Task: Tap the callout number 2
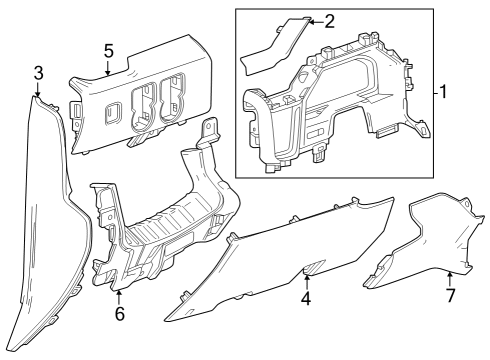tap(330, 20)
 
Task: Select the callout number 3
tap(38, 72)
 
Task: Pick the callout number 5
tap(108, 49)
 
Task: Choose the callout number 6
tap(119, 313)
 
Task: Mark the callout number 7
tap(450, 297)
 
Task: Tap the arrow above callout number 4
tap(306, 278)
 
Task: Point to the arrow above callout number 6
tap(119, 294)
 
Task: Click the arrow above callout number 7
tap(450, 277)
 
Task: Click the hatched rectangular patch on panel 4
tap(312, 265)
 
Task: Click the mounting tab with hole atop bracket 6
tap(210, 128)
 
